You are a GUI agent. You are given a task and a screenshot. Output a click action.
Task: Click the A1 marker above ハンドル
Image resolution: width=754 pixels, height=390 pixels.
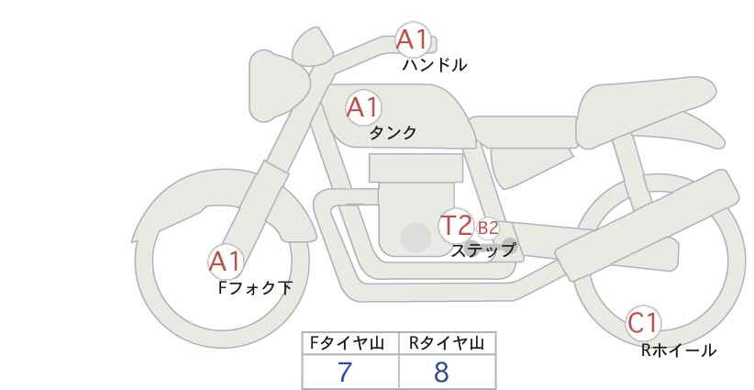(412, 39)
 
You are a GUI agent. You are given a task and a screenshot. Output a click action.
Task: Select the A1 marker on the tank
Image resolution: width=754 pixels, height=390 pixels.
(362, 107)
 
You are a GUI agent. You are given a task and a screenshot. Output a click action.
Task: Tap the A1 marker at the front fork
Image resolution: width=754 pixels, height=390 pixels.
(225, 262)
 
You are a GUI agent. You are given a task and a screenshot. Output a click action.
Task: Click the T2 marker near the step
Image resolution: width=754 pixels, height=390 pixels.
(456, 225)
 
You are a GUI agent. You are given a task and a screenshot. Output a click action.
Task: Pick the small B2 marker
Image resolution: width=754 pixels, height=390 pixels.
(487, 228)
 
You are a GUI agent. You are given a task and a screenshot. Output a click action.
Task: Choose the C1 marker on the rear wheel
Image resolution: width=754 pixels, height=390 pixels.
(644, 323)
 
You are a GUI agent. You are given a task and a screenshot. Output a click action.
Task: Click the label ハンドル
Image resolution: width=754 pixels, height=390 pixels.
(435, 65)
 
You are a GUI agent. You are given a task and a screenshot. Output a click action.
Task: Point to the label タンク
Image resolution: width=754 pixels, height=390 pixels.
(393, 133)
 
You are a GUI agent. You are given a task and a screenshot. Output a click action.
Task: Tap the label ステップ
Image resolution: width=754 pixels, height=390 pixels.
(482, 250)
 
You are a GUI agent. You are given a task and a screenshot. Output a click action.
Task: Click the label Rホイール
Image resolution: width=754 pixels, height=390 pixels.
(679, 350)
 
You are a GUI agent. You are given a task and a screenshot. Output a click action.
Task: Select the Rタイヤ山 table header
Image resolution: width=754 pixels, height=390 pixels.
(447, 344)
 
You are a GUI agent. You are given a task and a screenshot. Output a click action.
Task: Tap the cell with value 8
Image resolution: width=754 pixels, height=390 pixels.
(447, 373)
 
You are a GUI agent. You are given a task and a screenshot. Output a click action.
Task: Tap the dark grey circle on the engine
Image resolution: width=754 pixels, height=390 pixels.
(416, 239)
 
